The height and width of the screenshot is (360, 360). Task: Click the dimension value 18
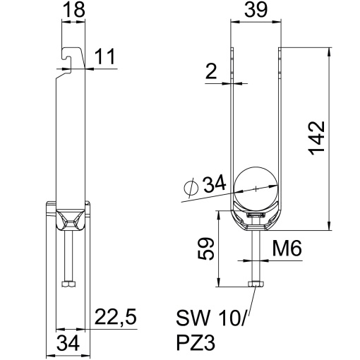[73, 11]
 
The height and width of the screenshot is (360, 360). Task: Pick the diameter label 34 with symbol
[203, 186]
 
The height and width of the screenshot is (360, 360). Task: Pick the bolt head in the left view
[69, 284]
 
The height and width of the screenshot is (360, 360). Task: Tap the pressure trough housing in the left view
[68, 219]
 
